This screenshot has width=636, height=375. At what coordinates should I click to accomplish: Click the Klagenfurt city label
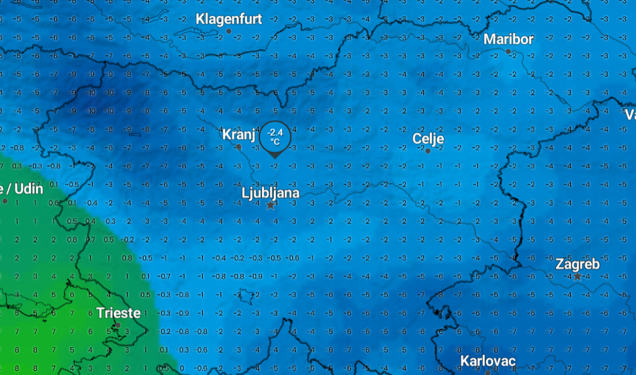coord(228,19)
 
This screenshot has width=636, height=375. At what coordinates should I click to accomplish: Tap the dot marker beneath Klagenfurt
coord(229,31)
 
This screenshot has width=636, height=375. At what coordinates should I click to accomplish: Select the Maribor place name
coord(509,40)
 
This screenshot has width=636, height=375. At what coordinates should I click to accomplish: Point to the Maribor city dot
coord(508,52)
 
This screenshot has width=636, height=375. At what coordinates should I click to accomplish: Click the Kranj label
coord(238,135)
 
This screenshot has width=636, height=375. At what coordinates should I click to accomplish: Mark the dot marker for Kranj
coord(238,147)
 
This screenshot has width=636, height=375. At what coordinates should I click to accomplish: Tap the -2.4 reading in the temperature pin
coord(275,133)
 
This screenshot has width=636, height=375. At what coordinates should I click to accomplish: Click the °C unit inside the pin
coord(275,141)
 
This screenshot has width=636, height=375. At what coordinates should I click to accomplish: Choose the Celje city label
coord(428,139)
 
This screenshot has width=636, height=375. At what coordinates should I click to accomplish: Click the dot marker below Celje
coord(428,151)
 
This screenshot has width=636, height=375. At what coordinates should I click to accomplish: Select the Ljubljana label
coord(270,193)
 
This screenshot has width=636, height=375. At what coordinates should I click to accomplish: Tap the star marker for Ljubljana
coord(270,205)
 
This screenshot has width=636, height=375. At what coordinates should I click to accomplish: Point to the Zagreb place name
coord(577,264)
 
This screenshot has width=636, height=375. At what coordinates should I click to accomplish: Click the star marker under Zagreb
coord(577,276)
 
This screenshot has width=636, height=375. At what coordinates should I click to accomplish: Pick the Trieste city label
coord(118,313)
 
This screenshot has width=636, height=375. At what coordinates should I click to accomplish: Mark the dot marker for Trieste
coord(118,325)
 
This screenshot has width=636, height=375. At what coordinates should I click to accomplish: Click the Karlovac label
coord(488,362)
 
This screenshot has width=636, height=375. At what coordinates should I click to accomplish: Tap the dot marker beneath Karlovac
coord(488,372)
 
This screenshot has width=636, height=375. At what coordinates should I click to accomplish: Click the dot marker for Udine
coord(5,201)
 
